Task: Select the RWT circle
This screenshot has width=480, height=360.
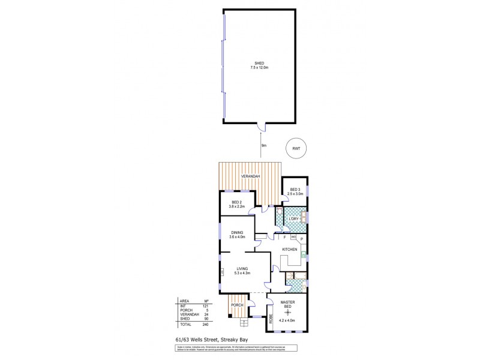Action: [295, 148]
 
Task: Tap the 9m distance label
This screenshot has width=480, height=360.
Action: [263, 146]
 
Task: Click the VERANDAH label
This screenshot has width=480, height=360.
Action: [250, 176]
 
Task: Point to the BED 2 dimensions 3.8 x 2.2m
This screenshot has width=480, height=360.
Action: [236, 206]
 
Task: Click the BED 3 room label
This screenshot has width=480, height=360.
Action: [295, 190]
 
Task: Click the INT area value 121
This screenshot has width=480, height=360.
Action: [206, 306]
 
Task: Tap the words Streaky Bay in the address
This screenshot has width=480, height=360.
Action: [234, 340]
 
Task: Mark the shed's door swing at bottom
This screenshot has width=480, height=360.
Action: [260, 126]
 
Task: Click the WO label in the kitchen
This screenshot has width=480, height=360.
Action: [293, 237]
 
